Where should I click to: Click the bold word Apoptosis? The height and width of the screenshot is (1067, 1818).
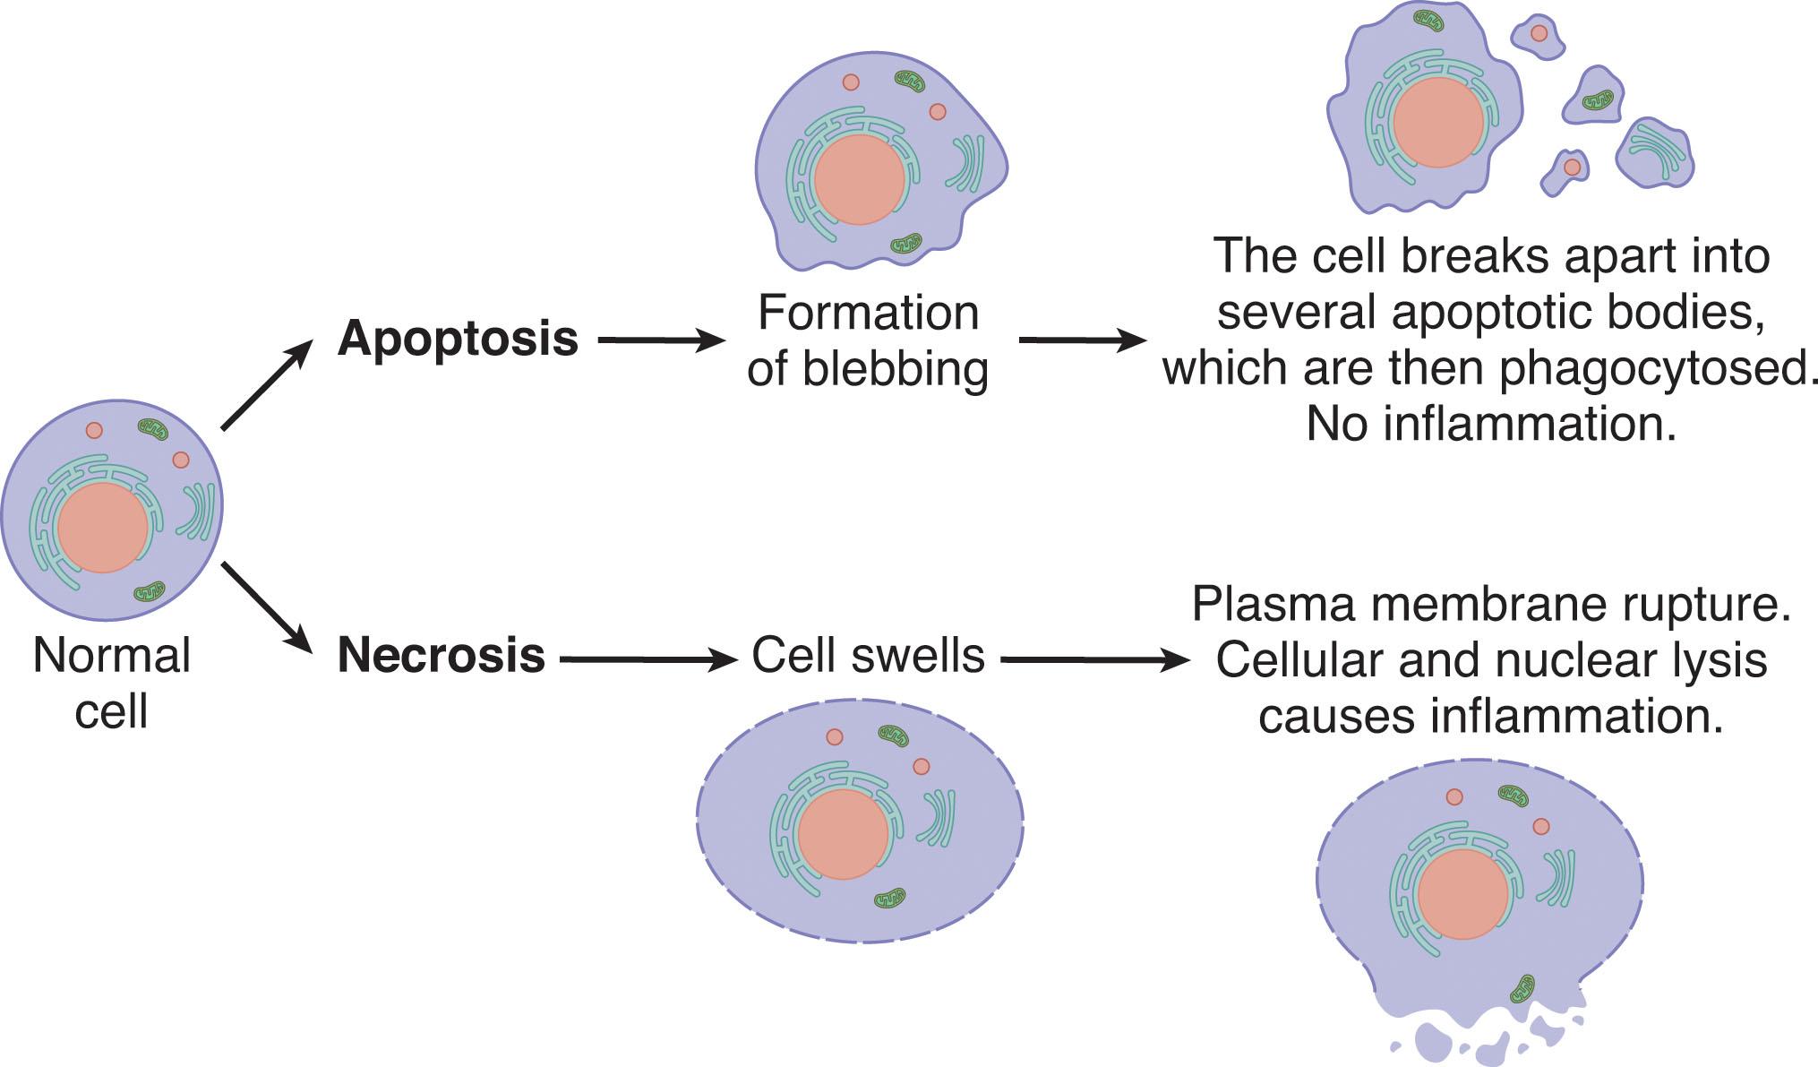pos(458,339)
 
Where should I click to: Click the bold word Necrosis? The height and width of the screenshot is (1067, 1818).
pos(441,655)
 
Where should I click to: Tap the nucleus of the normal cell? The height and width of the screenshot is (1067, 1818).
pos(103,528)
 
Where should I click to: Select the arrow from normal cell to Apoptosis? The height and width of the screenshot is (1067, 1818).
pos(266,385)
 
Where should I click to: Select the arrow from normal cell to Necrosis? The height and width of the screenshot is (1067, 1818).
pos(266,607)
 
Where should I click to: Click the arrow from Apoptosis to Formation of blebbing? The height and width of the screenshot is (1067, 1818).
pos(660,340)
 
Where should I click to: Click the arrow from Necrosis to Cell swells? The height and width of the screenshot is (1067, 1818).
pos(647,660)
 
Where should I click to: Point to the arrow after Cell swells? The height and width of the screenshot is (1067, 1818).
pos(1094,661)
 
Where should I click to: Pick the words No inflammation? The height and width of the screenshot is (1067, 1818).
pos(1490,424)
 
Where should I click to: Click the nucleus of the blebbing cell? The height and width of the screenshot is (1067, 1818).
pos(859,179)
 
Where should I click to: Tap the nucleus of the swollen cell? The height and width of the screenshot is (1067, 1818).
pos(843,834)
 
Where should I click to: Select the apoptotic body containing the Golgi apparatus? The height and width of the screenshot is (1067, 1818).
pos(1654,152)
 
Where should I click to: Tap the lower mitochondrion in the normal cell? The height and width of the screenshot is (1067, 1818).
pos(150,591)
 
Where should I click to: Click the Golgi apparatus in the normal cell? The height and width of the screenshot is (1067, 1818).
pos(199,512)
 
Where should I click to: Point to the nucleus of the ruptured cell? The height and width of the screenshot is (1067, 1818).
pos(1462,894)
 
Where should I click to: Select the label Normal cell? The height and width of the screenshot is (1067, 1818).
pos(111,683)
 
